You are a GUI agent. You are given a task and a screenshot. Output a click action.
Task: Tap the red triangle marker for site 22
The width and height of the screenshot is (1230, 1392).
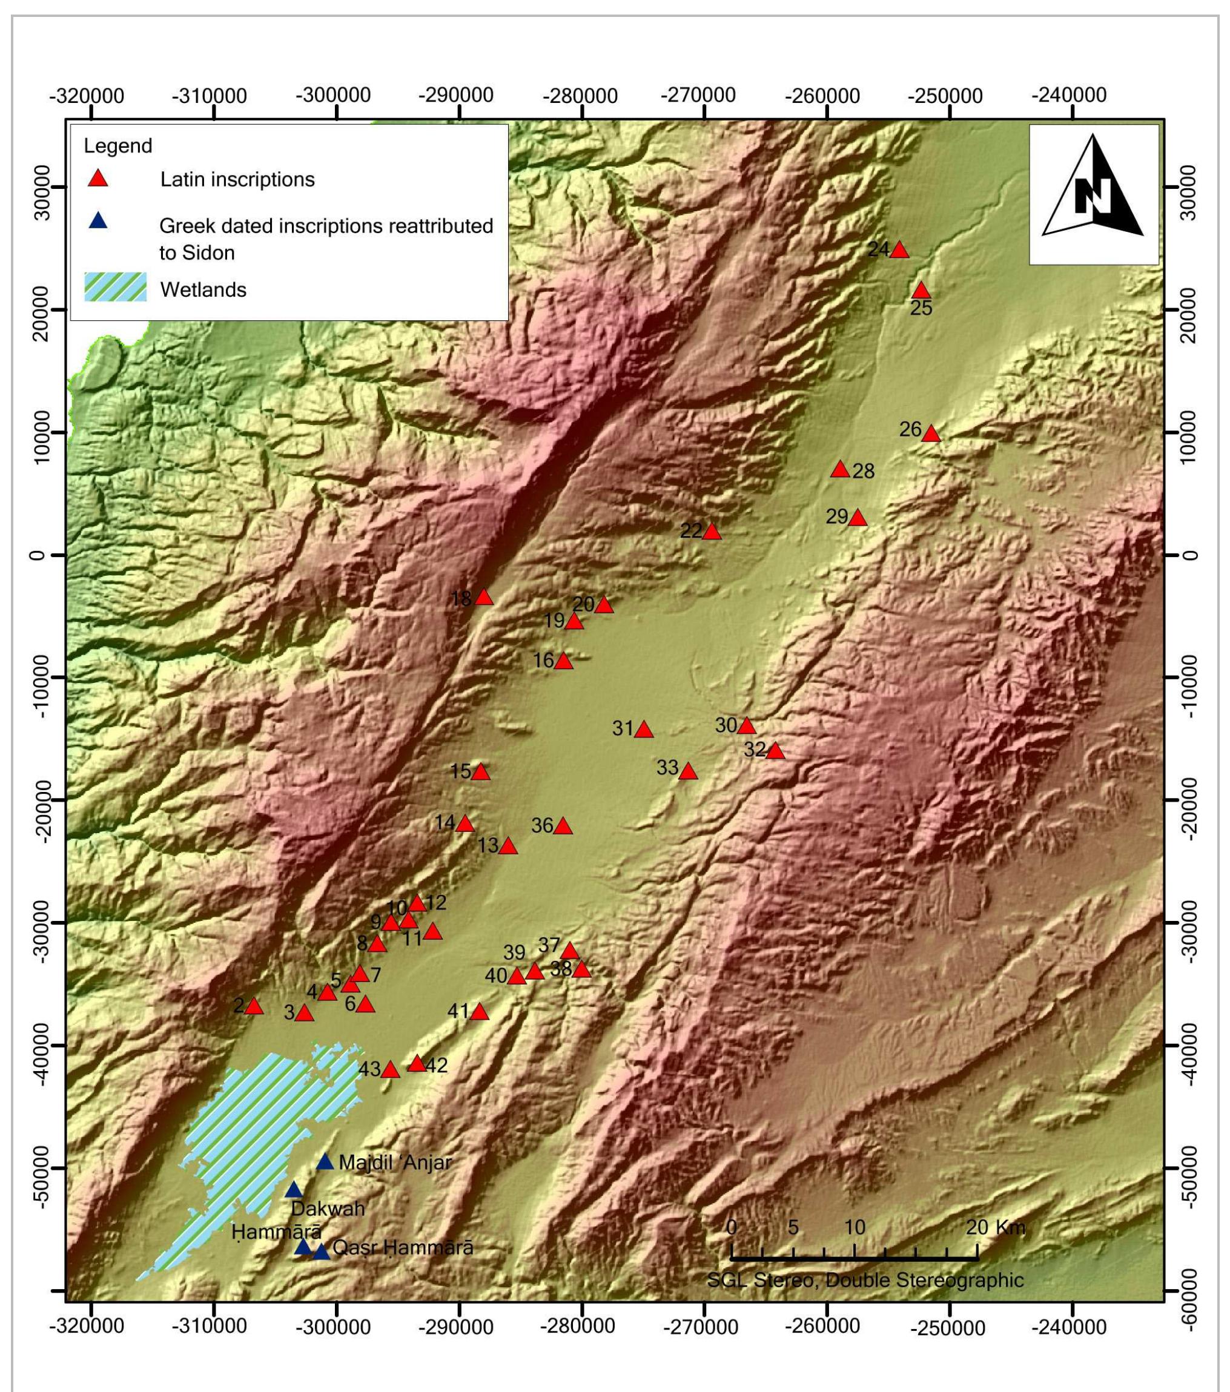(712, 532)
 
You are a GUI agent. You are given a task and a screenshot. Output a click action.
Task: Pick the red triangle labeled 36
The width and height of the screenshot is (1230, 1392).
(563, 826)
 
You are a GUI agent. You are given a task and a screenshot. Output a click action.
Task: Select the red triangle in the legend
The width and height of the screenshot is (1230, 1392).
(99, 180)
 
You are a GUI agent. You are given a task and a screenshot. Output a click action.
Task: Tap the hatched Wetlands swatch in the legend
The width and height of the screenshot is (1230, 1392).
(115, 289)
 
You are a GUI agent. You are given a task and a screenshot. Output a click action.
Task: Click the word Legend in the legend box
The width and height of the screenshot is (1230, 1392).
(118, 146)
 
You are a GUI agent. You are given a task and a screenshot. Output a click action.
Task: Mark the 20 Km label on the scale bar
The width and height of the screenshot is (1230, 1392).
(995, 1227)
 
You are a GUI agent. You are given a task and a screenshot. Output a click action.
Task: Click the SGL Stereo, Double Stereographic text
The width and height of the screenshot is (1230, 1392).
(865, 1281)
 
